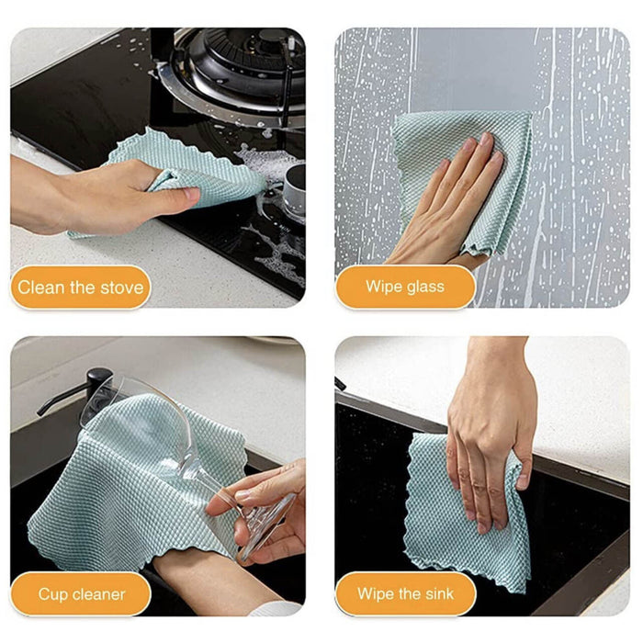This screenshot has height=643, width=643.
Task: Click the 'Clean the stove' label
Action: point(81,288)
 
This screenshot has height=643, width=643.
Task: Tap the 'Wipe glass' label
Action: point(405,288)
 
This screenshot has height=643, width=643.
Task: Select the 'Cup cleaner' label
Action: point(81,594)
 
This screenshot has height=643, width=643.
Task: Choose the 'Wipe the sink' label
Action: point(405,594)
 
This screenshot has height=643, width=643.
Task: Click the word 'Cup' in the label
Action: point(51,594)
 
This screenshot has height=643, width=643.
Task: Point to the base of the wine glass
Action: point(266,524)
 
